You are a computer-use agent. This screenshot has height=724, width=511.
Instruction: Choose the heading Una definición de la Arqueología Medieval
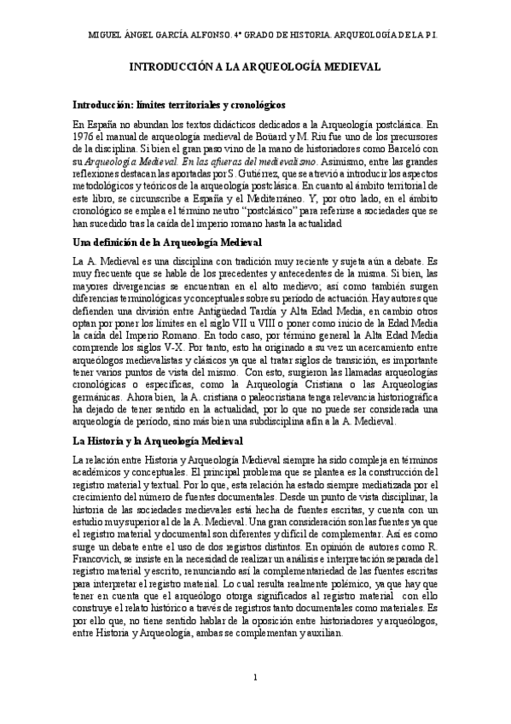(x=167, y=242)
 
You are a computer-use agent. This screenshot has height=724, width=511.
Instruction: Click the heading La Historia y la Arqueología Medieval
(x=158, y=441)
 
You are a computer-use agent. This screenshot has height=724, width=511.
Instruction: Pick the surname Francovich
(x=102, y=558)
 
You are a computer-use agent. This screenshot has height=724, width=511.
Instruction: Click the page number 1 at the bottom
(x=255, y=677)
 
